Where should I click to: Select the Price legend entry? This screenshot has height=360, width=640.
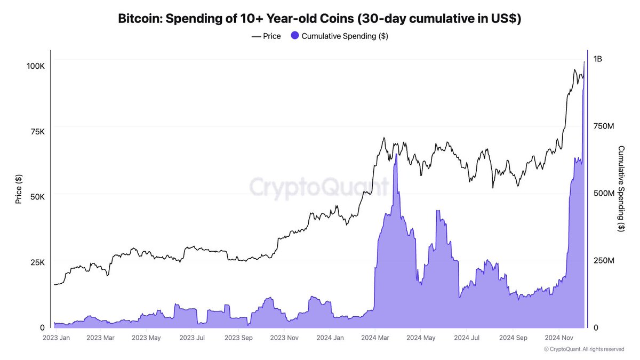(266, 36)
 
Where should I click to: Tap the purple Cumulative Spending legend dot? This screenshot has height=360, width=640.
(295, 36)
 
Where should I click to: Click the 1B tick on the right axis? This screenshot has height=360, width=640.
(597, 59)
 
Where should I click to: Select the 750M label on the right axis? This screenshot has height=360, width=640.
(604, 126)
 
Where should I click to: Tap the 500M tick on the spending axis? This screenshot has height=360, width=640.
(604, 193)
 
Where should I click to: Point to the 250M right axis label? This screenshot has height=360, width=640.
(604, 260)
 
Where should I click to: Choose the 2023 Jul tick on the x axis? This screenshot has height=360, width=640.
(192, 338)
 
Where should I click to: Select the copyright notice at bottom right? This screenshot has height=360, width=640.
(583, 349)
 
